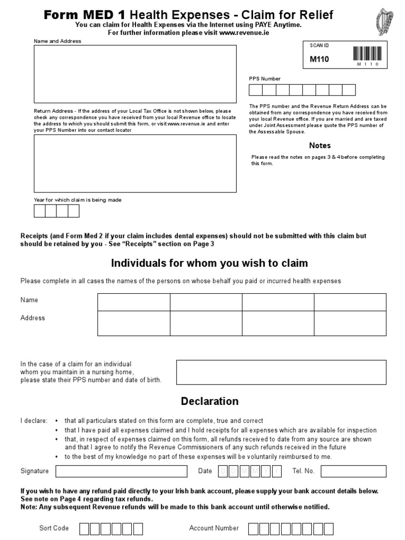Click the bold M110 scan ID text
click(319, 59)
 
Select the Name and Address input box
click(135, 74)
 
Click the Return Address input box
click(135, 163)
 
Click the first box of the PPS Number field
click(256, 90)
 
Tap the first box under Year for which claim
click(40, 211)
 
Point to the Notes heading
click(320, 146)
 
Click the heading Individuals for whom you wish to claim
click(209, 263)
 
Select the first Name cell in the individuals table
click(133, 302)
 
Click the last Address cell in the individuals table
click(350, 323)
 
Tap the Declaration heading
click(209, 401)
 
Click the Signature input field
click(121, 471)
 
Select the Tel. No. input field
click(353, 471)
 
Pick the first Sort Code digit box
click(85, 528)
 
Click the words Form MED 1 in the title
click(85, 15)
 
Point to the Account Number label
click(214, 528)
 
